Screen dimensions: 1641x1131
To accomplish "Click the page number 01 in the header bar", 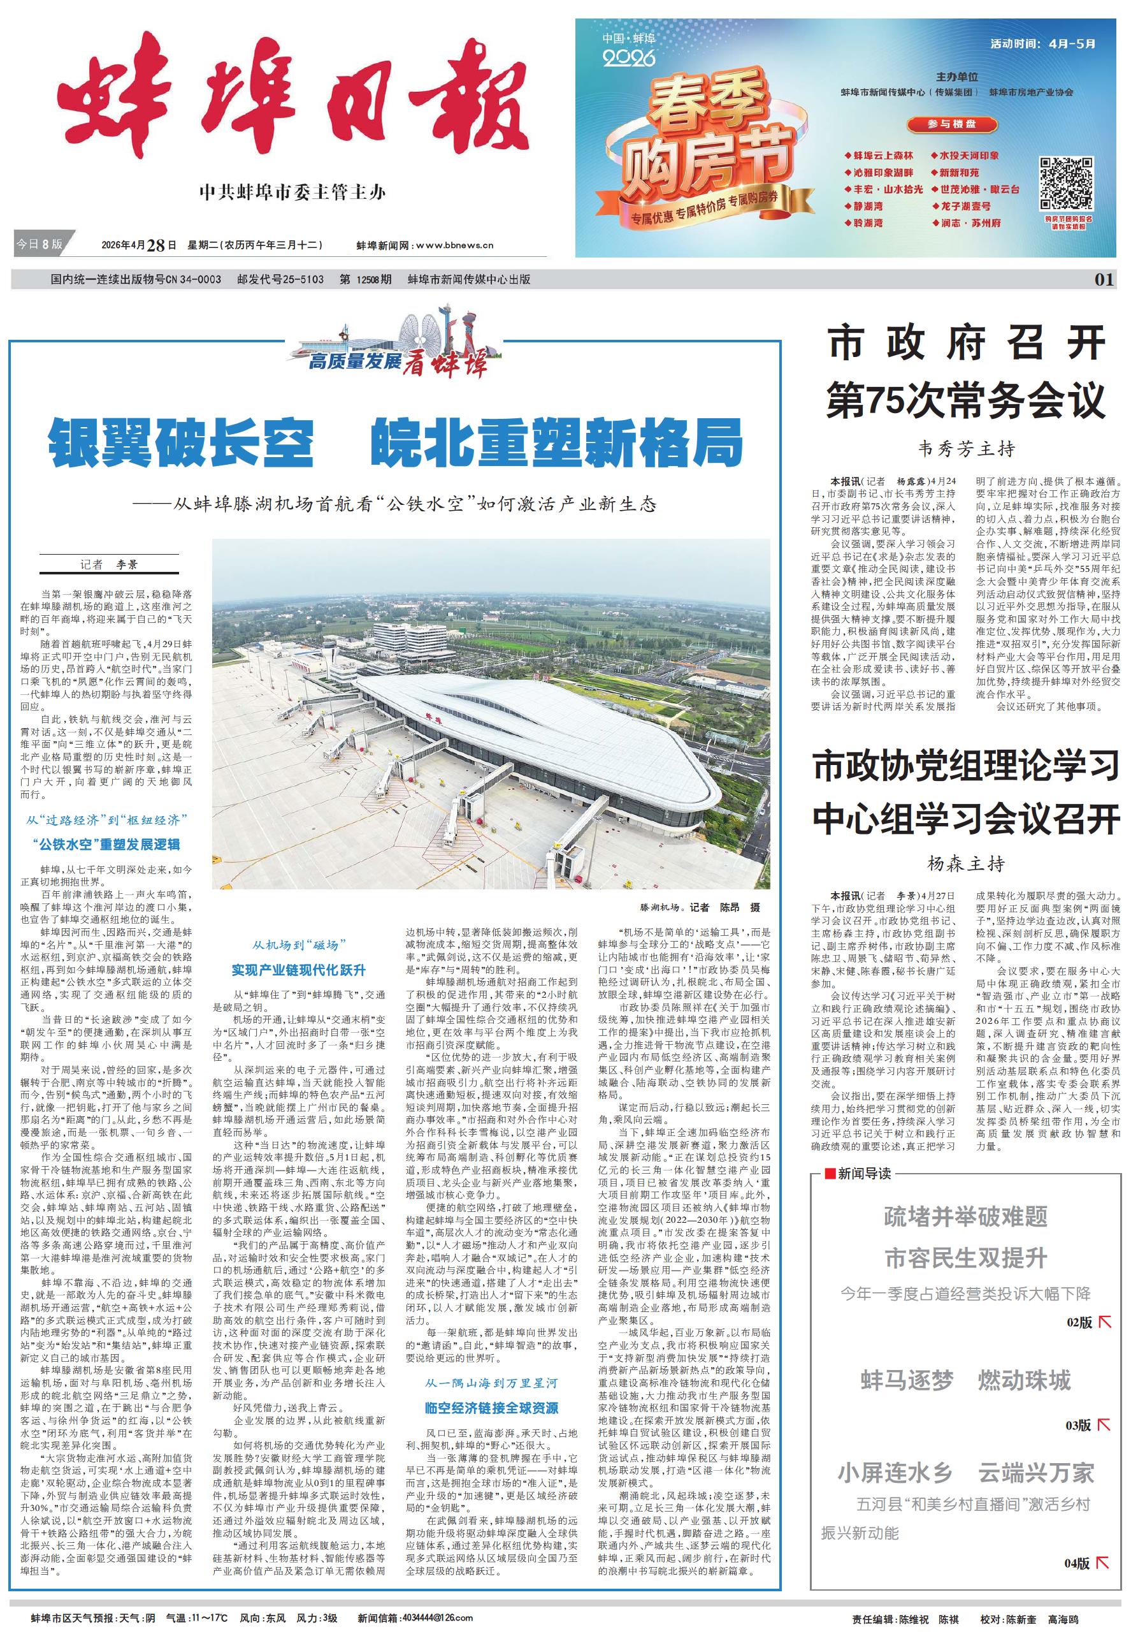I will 1104,279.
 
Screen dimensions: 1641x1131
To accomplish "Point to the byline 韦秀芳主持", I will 966,449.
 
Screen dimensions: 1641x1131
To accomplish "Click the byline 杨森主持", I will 966,864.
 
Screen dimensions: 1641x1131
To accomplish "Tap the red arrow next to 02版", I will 1104,1322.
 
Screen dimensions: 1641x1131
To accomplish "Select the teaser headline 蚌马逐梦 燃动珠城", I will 966,1381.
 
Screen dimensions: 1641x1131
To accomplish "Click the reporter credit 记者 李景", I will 109,565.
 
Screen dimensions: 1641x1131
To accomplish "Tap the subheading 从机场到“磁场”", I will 299,945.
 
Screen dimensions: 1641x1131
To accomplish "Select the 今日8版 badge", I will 39,244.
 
